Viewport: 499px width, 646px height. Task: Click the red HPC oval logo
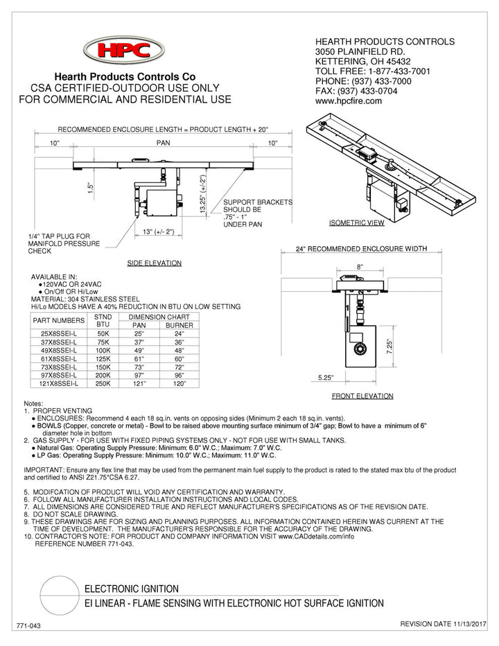pos(124,50)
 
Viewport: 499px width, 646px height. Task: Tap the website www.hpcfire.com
pos(349,101)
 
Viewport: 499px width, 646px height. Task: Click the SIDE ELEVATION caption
pos(154,263)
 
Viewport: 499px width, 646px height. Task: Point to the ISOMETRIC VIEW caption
pos(356,224)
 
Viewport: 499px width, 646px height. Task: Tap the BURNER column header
pos(179,325)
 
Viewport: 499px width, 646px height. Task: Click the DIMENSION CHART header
pos(161,317)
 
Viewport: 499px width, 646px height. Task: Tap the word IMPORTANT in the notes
pos(45,470)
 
